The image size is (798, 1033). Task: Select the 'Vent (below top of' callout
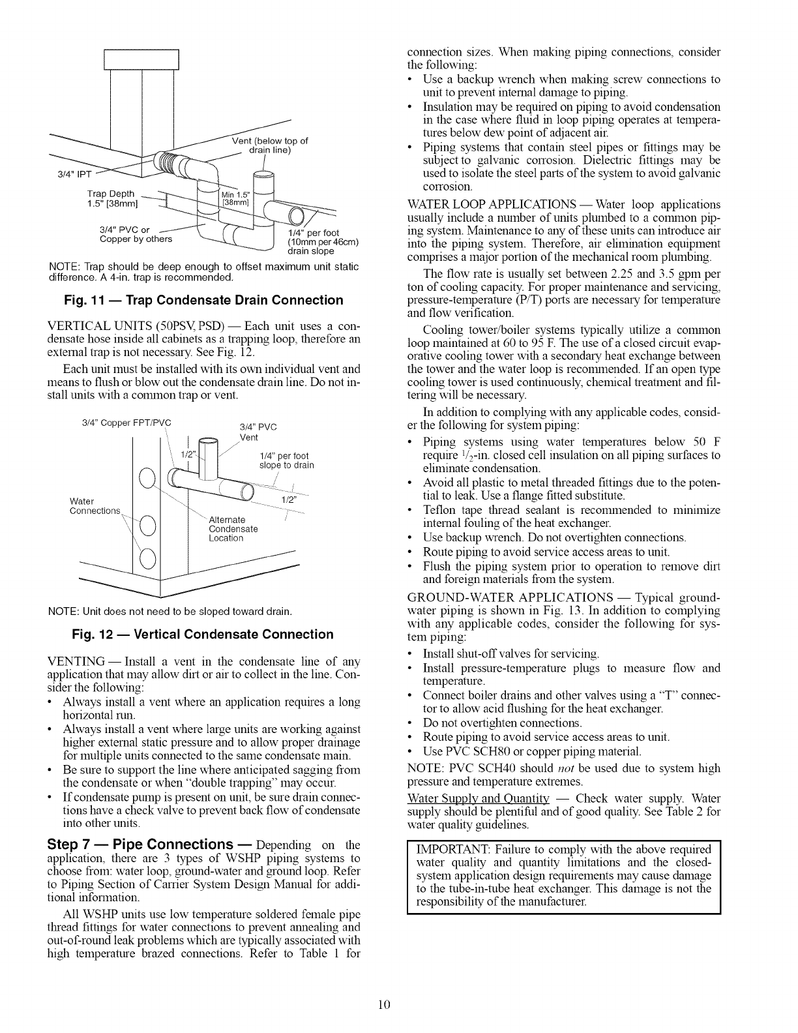269,142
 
